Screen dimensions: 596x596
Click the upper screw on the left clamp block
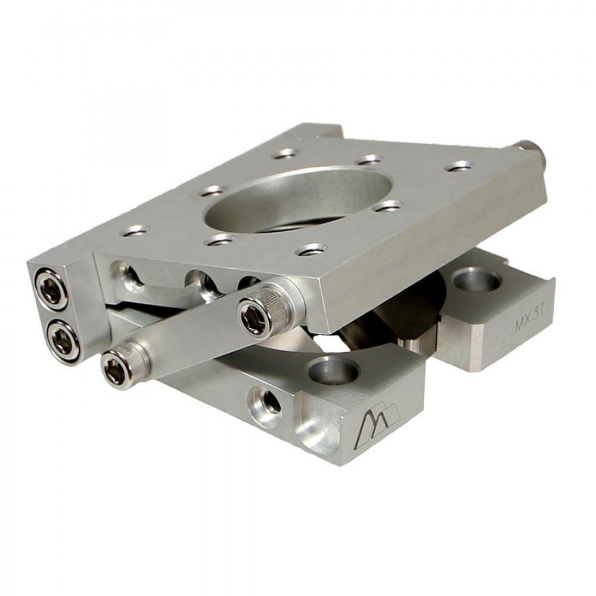point(51,288)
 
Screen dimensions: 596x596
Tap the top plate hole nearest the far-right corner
point(458,165)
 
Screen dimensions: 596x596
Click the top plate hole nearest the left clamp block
point(135,229)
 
